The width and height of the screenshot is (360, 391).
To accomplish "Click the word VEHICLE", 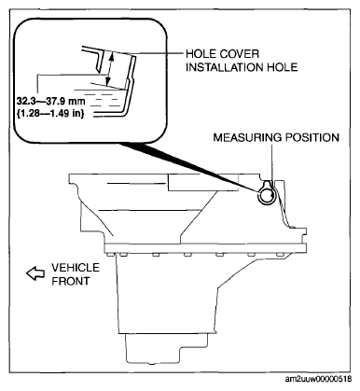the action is pos(76,268).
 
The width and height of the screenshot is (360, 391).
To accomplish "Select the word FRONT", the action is pos(71,281).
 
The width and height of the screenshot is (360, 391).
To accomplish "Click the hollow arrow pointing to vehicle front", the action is pos(35,273).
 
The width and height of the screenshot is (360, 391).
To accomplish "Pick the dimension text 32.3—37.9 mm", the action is pos(50,101).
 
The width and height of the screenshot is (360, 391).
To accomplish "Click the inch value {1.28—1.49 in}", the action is pos(49,113).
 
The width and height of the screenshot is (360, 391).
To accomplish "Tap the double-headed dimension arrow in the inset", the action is pos(110,69).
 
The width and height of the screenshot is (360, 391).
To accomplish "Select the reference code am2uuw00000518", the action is pos(319,379).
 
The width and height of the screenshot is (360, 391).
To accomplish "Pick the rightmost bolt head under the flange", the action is pos(281,255).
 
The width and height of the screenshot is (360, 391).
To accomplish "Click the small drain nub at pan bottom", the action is pos(152,363).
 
